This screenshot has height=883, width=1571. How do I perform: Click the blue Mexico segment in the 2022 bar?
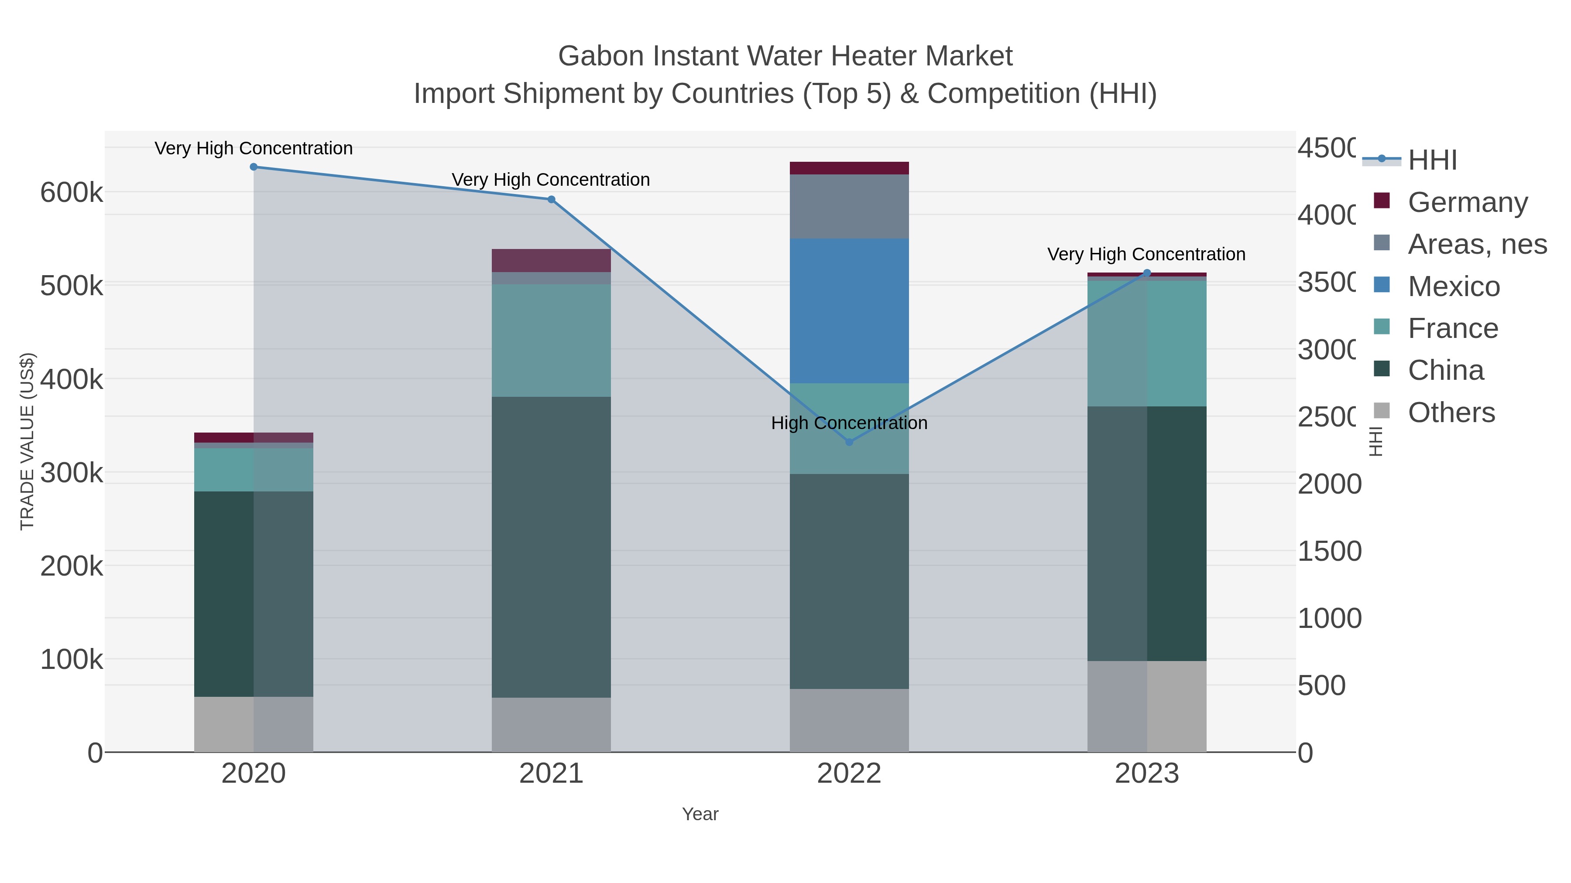coord(849,311)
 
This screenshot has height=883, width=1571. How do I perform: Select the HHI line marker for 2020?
coord(254,167)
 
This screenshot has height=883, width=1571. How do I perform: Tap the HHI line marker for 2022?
coord(849,442)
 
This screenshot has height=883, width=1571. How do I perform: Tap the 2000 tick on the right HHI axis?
coord(1329,484)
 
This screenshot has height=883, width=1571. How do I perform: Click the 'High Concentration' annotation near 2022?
coord(849,423)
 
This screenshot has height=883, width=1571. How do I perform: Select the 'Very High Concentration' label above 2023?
coord(1146,254)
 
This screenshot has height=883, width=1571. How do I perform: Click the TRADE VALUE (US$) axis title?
coord(27,441)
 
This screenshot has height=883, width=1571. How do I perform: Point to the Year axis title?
coord(700,814)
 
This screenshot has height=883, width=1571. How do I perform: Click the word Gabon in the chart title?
coord(601,56)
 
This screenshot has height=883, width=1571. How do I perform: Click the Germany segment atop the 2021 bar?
coord(551,260)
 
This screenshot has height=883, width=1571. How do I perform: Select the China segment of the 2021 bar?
coord(551,547)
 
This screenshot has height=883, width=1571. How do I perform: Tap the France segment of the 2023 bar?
coord(1146,343)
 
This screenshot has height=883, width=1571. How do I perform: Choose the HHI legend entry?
coord(1431,160)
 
